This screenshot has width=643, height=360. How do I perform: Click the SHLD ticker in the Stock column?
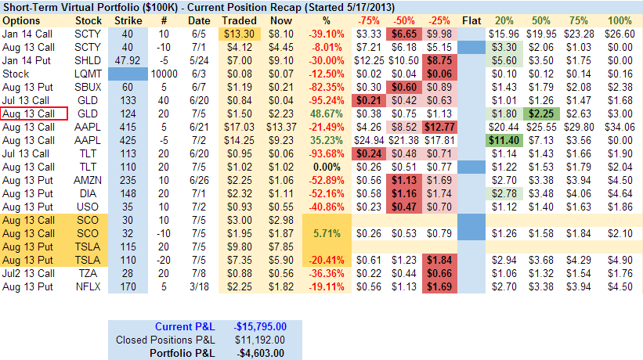pos(87,59)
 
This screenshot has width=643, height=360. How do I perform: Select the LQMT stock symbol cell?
pos(87,73)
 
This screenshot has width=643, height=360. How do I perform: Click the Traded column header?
pos(239,19)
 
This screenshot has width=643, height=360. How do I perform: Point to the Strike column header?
pos(128,19)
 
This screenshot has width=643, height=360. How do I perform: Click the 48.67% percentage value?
pos(327,113)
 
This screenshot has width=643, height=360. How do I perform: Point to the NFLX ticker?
pos(87,286)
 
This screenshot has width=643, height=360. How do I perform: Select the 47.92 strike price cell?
pos(128,59)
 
